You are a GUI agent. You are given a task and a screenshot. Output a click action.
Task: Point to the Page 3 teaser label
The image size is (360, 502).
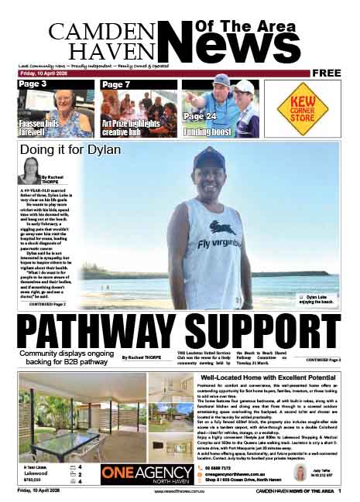33,84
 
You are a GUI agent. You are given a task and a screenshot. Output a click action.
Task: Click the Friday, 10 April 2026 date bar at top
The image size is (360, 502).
42,73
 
